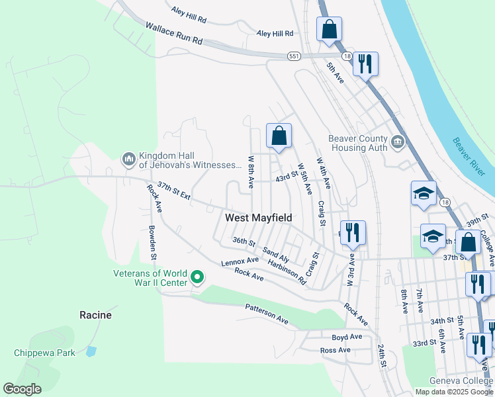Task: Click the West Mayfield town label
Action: click(258, 218)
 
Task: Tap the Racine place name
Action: click(95, 315)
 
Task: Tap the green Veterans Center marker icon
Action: click(197, 277)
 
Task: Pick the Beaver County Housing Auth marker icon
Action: click(397, 141)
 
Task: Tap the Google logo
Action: click(22, 389)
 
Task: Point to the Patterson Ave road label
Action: click(267, 314)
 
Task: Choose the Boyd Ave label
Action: click(347, 337)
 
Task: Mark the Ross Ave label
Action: click(335, 350)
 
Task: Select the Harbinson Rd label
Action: click(287, 271)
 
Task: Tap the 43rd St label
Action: click(287, 178)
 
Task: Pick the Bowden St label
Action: click(153, 242)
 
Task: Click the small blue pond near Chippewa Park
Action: click(91, 351)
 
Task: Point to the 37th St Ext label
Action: click(174, 192)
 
